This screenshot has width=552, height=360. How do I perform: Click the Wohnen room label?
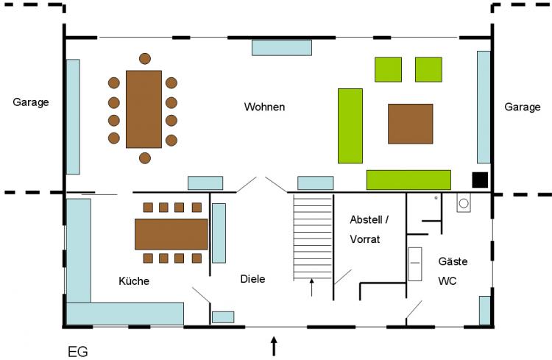264,107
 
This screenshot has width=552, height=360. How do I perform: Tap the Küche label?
134,280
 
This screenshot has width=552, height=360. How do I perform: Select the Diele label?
252,279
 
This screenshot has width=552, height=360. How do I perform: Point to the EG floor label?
78,352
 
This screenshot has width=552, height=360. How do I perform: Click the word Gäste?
453,261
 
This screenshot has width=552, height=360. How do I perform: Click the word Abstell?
366,220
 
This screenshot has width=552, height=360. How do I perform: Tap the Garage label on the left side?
31,102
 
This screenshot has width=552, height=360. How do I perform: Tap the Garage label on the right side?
523,107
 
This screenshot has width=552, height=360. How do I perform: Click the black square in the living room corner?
480,180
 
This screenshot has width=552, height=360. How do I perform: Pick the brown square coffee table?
411,124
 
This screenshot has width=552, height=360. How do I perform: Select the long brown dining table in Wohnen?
144,109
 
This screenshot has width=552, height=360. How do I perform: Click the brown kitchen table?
171,234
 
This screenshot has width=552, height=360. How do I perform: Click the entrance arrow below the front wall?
274,346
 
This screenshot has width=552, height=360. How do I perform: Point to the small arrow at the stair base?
311,287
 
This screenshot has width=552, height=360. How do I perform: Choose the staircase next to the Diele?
313,238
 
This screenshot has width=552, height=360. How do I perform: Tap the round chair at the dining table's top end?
145,58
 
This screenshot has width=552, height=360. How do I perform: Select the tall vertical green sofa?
350,126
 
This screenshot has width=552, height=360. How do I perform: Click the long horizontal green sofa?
408,180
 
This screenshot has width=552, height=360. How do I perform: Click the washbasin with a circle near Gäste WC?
464,203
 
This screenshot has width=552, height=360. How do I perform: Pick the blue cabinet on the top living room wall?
282,48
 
